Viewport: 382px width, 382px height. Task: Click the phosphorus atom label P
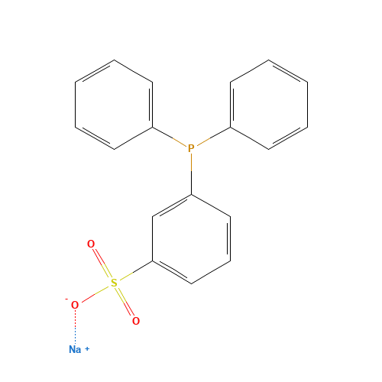click(x=191, y=148)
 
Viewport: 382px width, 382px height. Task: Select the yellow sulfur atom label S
click(x=114, y=283)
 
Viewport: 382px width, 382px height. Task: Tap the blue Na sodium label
click(x=75, y=349)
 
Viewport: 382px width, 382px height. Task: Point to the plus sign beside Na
click(x=87, y=348)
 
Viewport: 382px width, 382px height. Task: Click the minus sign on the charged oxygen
click(x=66, y=298)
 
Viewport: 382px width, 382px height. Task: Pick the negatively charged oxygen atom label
click(x=74, y=305)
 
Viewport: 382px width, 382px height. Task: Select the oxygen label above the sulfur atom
click(x=91, y=244)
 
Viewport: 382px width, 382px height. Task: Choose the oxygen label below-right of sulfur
click(x=135, y=321)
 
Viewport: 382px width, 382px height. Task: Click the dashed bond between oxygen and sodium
click(x=75, y=327)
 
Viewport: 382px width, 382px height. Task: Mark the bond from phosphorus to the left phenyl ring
click(x=170, y=138)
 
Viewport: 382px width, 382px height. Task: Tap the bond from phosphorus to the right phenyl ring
click(x=212, y=138)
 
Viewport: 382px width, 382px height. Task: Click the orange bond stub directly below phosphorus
click(x=191, y=163)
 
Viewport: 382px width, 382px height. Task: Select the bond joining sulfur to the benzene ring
click(x=136, y=271)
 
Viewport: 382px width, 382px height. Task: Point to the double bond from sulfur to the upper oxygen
click(x=102, y=264)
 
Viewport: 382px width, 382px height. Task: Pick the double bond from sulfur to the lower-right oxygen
click(x=125, y=302)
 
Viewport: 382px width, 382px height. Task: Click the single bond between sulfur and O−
click(x=95, y=293)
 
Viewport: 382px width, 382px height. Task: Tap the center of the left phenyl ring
click(x=115, y=105)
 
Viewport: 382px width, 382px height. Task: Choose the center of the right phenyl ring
click(x=269, y=105)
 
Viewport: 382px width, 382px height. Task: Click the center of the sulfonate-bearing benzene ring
click(x=191, y=239)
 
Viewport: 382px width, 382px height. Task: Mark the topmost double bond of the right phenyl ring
click(x=288, y=70)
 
